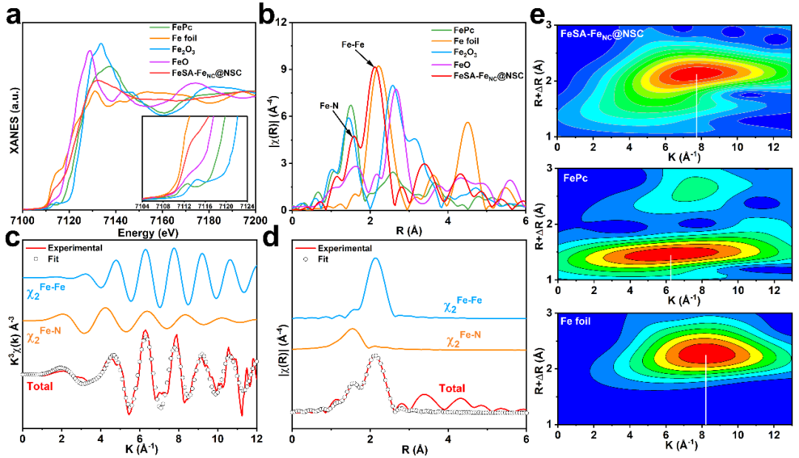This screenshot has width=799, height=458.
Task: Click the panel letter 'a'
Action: tap(13, 16)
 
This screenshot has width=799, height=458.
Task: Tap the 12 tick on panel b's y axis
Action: tap(282, 22)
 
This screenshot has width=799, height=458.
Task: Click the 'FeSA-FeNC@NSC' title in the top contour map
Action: tap(601, 33)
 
